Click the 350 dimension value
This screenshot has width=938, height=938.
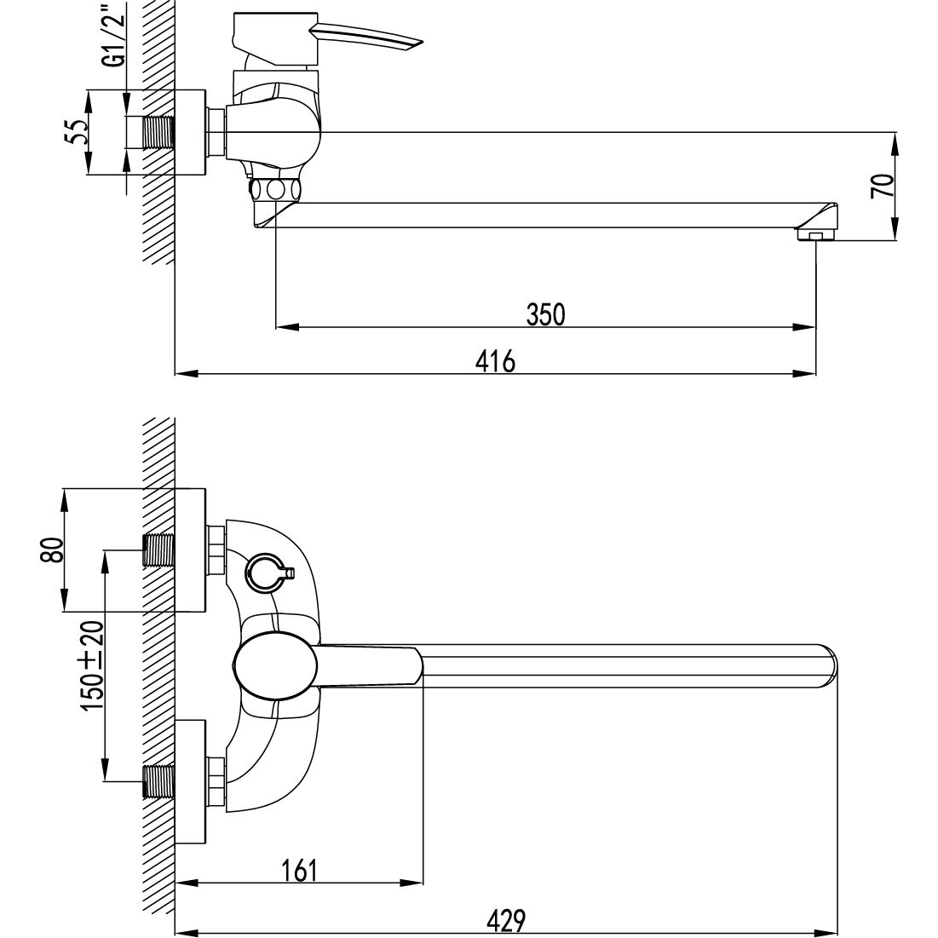point(545,314)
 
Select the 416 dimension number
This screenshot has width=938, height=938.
point(495,361)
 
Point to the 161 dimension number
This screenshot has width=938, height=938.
point(298,871)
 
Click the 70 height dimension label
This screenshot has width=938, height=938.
point(883,186)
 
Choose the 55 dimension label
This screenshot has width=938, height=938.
point(75,132)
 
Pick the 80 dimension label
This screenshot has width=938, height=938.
point(52,550)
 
